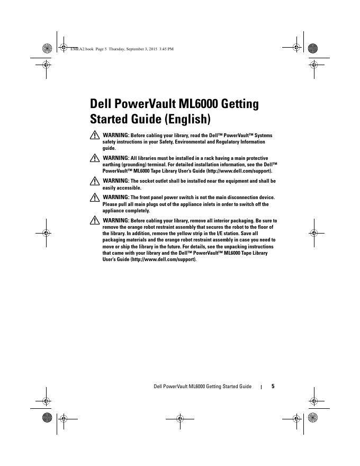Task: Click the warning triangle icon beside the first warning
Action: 95,136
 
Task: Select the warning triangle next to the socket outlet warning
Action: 95,182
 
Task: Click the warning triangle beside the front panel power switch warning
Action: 95,198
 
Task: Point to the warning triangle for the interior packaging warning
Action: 95,220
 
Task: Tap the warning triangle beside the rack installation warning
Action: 95,159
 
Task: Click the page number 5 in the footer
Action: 273,387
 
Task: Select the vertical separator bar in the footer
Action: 262,387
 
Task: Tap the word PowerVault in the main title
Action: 144,103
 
